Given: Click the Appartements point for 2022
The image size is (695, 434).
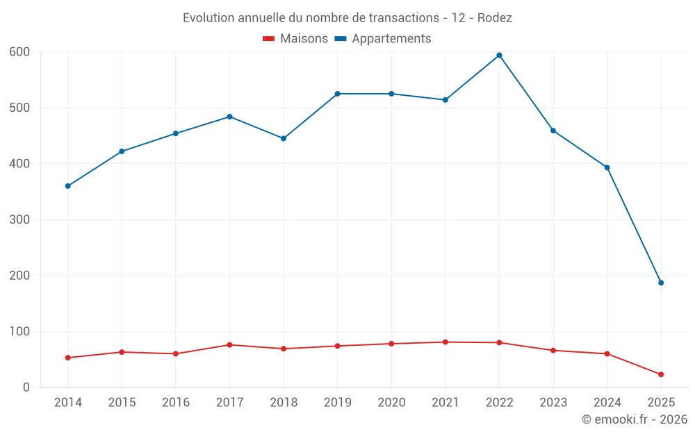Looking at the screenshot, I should pyautogui.click(x=499, y=56).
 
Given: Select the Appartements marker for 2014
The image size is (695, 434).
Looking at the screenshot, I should pyautogui.click(x=68, y=186).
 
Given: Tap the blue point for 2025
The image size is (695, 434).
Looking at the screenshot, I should pyautogui.click(x=661, y=283).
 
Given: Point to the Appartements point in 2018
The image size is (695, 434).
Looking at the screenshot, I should pyautogui.click(x=284, y=138).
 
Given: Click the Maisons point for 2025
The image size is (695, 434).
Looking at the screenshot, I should pyautogui.click(x=661, y=374).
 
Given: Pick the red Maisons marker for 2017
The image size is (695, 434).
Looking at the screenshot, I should pyautogui.click(x=229, y=344).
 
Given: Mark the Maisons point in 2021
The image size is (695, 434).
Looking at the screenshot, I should pyautogui.click(x=445, y=342).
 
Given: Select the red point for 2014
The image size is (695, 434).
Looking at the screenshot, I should pyautogui.click(x=68, y=358).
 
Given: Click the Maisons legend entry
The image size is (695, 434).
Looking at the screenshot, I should pyautogui.click(x=295, y=39).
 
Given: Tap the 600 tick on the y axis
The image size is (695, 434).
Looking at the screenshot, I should pyautogui.click(x=19, y=52).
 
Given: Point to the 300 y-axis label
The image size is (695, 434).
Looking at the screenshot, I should pyautogui.click(x=19, y=219).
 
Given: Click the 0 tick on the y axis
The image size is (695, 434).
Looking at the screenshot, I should pyautogui.click(x=26, y=387).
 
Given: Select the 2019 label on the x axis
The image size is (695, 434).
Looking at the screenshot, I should pyautogui.click(x=337, y=403).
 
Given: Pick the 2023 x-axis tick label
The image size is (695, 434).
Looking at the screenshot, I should pyautogui.click(x=553, y=403).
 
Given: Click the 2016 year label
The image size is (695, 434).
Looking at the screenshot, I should pyautogui.click(x=176, y=403).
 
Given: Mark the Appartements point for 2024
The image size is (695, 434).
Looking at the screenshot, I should pyautogui.click(x=607, y=167).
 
